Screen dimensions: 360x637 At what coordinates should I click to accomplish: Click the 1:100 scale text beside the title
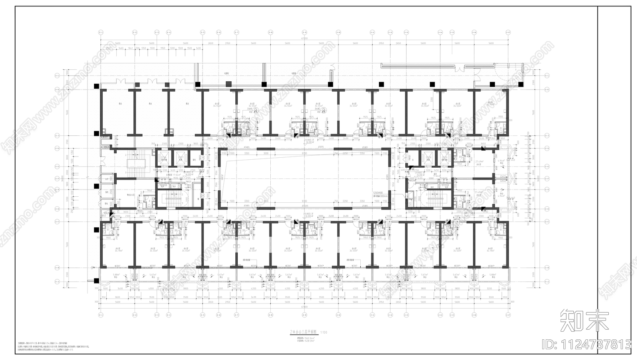pos(324,332)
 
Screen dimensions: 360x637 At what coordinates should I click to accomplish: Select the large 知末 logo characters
pos(584,320)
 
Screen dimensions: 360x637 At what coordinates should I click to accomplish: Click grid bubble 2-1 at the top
pos(100,32)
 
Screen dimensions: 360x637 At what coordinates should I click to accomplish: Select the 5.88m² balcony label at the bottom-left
pos(116,275)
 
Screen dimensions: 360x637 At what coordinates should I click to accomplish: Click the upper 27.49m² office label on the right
pos(479,161)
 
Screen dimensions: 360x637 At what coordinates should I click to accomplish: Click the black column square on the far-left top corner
pos(96,86)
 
